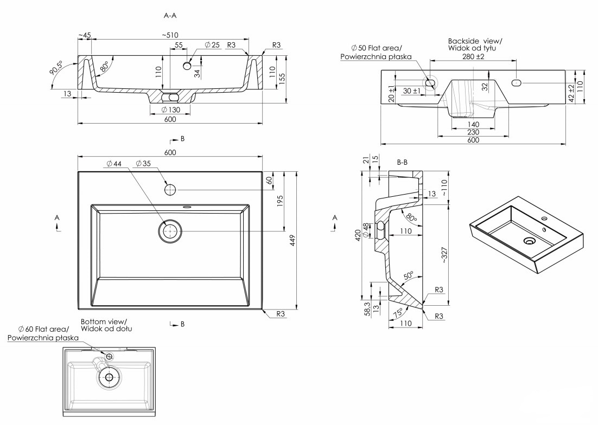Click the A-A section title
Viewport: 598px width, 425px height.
170,16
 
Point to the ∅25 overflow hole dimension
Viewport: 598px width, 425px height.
212,45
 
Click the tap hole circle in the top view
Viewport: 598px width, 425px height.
170,190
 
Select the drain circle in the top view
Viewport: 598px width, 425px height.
170,231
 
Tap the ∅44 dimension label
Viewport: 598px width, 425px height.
114,163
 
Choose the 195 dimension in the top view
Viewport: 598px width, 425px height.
280,200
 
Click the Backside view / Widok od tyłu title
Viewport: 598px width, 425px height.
475,45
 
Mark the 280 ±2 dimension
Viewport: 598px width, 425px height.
473,56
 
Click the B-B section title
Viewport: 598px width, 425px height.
403,162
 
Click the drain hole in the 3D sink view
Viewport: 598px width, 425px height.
529,240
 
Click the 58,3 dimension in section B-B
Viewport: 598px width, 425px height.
367,309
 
